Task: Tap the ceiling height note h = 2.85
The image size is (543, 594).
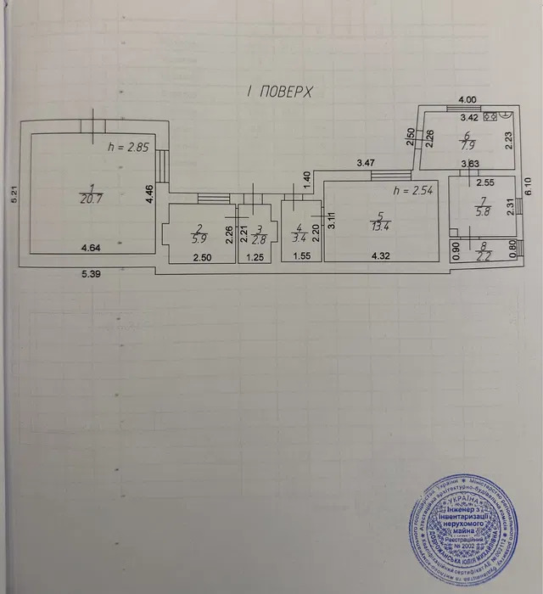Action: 129,147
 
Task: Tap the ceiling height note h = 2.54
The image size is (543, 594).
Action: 415,190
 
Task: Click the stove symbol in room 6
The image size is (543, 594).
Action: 490,120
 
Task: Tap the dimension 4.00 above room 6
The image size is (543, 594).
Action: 467,99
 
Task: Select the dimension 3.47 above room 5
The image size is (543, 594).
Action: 366,162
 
